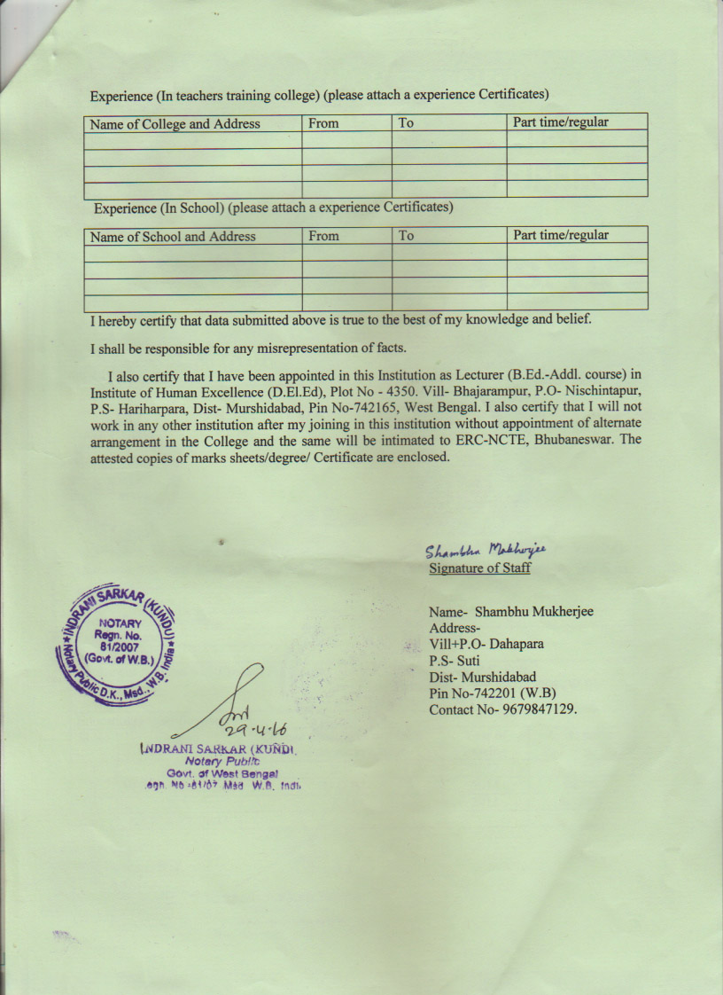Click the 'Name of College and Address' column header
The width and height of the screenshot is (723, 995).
(175, 124)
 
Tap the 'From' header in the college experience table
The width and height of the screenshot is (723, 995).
(323, 123)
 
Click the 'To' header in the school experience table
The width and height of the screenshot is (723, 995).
(406, 236)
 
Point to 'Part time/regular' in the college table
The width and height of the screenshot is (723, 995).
(561, 122)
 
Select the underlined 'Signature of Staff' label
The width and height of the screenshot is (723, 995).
(479, 568)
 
